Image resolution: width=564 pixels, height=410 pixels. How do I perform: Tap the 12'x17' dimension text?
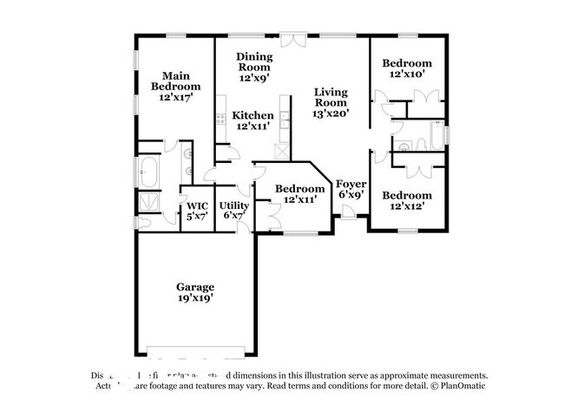tap(175, 98)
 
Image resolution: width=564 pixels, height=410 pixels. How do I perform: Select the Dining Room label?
tap(255, 62)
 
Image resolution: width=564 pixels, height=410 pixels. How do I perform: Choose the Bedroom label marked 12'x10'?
tap(408, 63)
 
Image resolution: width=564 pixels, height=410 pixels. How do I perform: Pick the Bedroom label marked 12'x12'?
tap(408, 195)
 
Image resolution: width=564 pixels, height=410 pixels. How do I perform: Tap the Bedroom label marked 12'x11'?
tap(299, 189)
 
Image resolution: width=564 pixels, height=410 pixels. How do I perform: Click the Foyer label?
tap(351, 184)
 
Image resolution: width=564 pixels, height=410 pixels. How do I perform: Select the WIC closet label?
tap(193, 205)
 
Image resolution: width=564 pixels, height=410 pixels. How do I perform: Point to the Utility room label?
tap(235, 205)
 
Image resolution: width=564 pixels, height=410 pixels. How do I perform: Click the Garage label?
tap(194, 287)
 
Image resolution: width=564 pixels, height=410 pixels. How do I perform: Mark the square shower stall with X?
tap(148, 200)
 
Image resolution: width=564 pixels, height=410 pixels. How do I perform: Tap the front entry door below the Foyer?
tap(348, 216)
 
